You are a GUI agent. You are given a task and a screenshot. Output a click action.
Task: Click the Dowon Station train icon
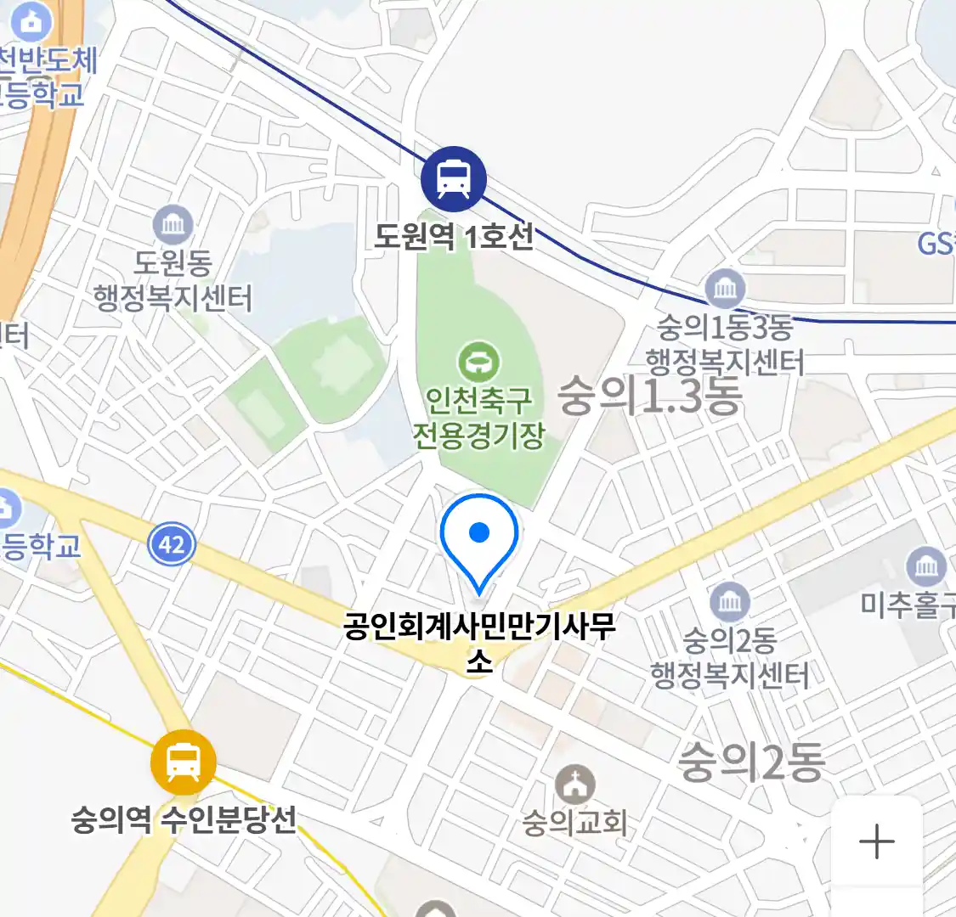454,179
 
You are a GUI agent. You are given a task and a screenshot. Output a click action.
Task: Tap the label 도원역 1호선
454,235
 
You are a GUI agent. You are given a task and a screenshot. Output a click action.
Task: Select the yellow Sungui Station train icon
183,762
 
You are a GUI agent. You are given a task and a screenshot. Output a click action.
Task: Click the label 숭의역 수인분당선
184,820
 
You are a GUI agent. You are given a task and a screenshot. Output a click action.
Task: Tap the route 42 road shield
172,544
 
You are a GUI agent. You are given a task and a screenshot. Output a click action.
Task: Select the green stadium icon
479,363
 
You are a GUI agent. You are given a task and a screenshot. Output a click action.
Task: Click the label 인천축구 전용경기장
478,417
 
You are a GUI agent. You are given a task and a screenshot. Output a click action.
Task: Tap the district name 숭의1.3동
650,397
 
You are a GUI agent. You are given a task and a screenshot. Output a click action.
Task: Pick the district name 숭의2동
751,761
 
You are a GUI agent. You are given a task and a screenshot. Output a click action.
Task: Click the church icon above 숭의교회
576,785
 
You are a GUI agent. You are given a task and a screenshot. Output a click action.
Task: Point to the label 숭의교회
575,822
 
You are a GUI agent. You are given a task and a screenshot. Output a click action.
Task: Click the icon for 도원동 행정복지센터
173,225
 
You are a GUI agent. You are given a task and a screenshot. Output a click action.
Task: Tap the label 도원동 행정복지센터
173,281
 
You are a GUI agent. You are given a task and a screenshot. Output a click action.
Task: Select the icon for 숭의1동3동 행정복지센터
725,290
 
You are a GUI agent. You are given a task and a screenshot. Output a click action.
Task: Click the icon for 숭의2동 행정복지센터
729,602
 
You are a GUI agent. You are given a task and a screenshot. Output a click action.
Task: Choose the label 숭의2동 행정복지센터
729,658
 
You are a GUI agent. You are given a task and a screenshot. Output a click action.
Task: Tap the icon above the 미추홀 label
926,566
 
